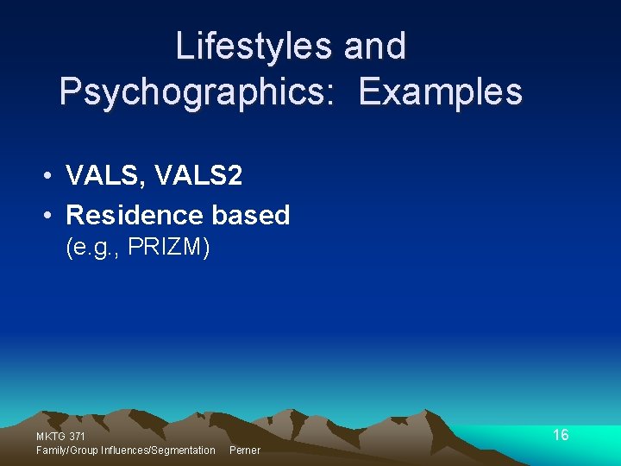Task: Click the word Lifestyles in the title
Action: (x=254, y=47)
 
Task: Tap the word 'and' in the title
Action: (x=375, y=47)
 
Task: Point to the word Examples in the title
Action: (x=440, y=91)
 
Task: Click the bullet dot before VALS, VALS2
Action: (x=51, y=176)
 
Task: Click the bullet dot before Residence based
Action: (x=51, y=215)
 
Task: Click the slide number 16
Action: (x=561, y=435)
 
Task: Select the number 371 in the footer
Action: (x=77, y=437)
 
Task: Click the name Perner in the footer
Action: (x=244, y=450)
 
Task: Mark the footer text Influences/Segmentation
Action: (x=158, y=450)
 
